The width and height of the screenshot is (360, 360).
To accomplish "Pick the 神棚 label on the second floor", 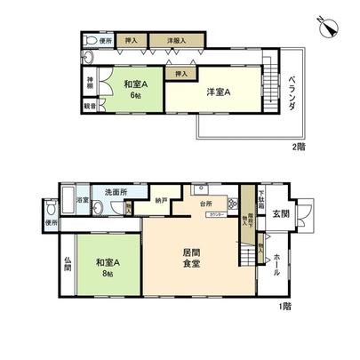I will coord(90,84).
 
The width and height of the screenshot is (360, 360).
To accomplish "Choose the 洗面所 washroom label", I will coord(111,192).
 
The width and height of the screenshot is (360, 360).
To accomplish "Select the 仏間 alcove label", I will coord(68,263).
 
